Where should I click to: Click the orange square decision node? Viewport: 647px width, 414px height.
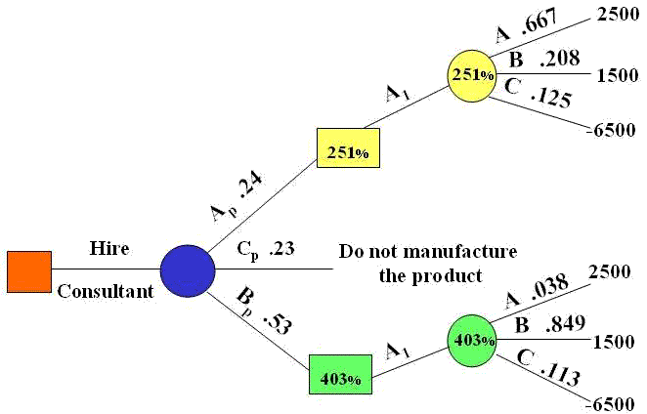click(x=29, y=270)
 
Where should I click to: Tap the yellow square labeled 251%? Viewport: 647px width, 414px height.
click(x=348, y=151)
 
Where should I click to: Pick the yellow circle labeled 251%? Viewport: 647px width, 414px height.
click(x=474, y=73)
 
